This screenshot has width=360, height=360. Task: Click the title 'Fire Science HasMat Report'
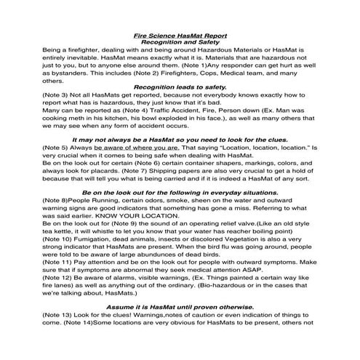pyautogui.click(x=180, y=35)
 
